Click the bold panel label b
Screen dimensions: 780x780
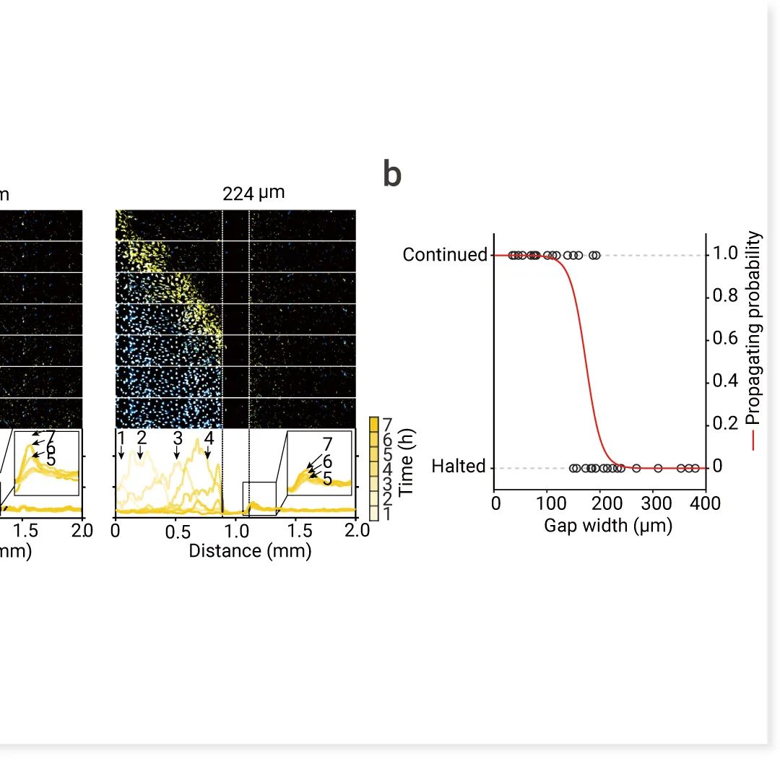pos(392,175)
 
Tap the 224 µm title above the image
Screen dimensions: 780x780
pos(253,193)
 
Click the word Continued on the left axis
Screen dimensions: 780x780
pos(445,255)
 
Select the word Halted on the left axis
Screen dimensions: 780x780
pos(459,467)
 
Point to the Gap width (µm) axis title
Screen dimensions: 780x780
pos(608,525)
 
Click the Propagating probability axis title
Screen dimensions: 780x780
pos(754,339)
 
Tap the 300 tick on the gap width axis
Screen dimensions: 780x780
pos(656,503)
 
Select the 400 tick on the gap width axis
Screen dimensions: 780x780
pos(706,503)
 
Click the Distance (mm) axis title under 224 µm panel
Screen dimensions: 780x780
pos(250,551)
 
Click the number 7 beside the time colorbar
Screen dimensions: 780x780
pos(389,424)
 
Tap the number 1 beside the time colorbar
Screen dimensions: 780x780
pos(389,513)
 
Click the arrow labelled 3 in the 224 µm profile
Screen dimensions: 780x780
pos(177,452)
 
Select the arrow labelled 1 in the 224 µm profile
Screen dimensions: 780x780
pos(121,452)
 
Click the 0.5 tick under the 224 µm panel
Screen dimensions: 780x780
pos(175,532)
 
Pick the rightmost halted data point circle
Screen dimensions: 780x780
pos(695,468)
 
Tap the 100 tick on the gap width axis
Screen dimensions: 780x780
pos(547,503)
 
